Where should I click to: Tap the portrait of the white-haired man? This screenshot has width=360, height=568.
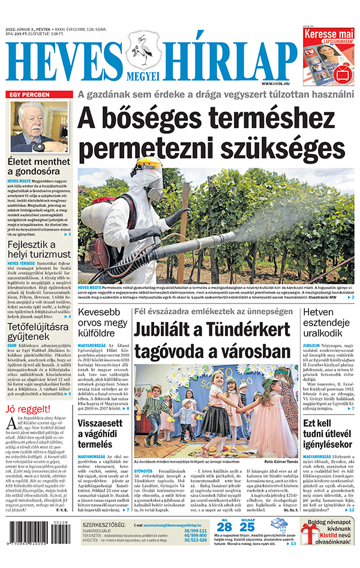40,127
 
